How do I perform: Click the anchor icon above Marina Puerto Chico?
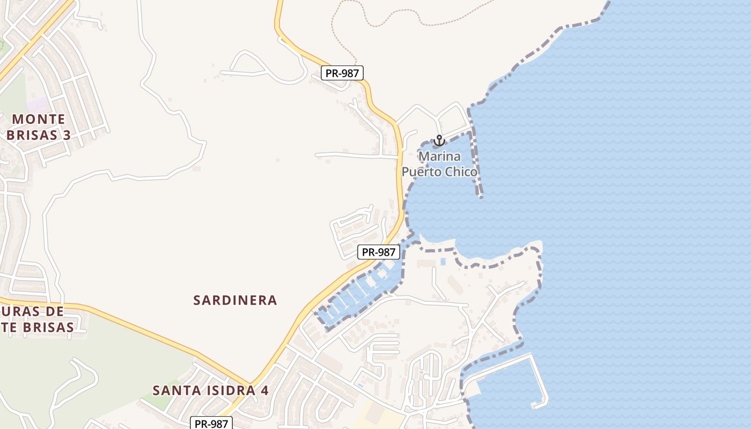coord(439,141)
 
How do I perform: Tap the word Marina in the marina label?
coord(439,157)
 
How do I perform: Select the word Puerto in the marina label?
coord(423,172)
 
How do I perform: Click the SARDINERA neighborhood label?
coord(235,300)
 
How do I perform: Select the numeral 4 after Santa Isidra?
coord(264,390)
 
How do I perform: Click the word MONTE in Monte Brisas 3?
coord(39,119)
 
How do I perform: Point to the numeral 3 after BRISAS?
coord(67,135)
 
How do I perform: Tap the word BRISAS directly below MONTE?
coord(31,135)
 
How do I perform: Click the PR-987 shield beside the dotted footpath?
coord(342,73)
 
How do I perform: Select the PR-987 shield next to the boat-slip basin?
coord(379,252)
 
